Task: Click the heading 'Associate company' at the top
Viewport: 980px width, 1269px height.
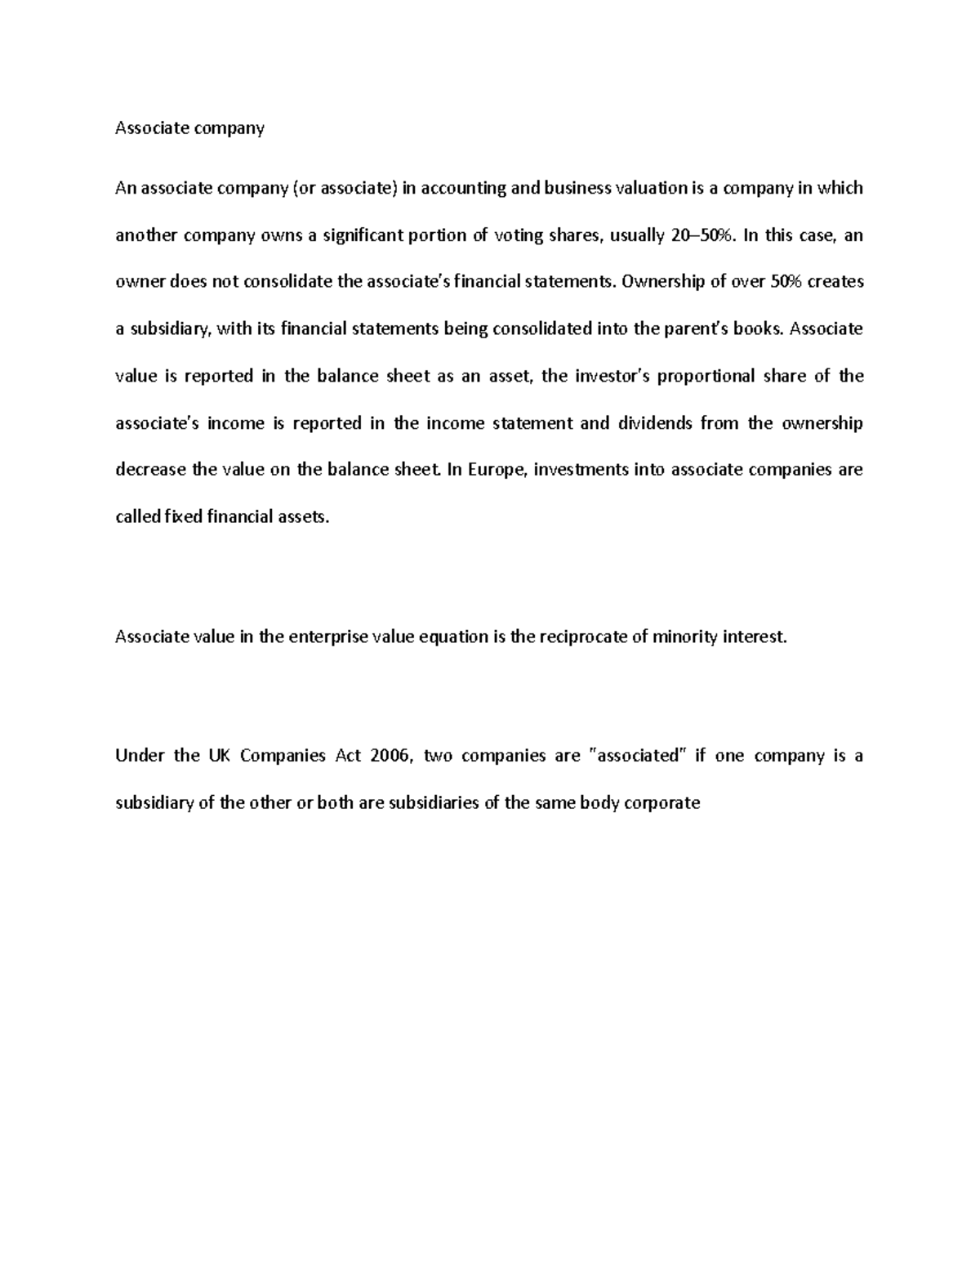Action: [x=189, y=128]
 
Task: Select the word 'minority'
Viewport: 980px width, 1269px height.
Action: [x=684, y=637]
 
